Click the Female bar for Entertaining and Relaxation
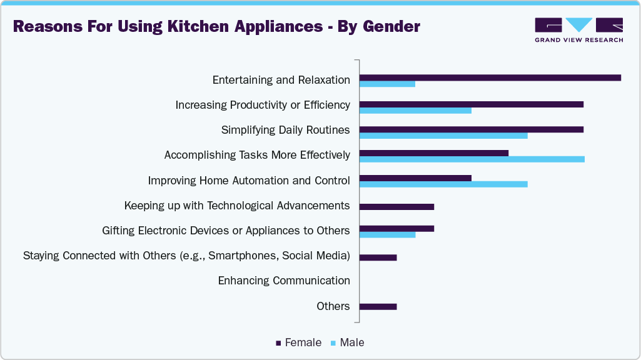490,77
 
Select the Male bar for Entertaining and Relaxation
387,84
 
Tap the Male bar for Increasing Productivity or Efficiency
415,110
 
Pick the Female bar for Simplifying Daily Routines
471,129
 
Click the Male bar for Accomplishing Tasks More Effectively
472,159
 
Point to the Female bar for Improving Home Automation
415,177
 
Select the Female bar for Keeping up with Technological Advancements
396,207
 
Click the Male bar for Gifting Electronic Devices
387,235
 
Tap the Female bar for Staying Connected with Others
378,257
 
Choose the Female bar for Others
378,306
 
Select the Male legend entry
348,342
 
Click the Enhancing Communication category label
284,281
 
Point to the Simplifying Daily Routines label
285,130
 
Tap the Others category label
333,306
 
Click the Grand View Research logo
578,30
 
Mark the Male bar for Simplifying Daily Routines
443,135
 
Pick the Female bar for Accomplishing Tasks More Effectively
434,153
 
